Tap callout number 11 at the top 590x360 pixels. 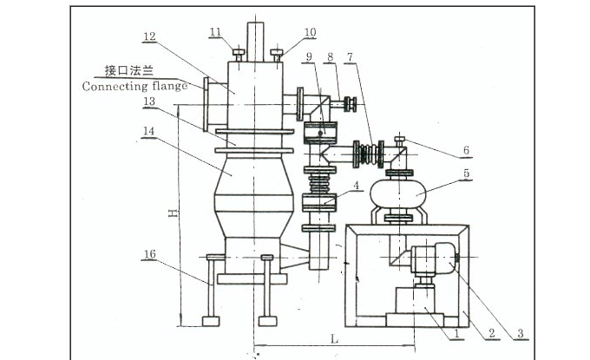pos(215,31)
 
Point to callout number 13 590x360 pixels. pos(149,101)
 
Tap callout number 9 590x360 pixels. pos(310,57)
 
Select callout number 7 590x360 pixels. pos(351,57)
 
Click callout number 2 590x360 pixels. pos(491,333)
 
